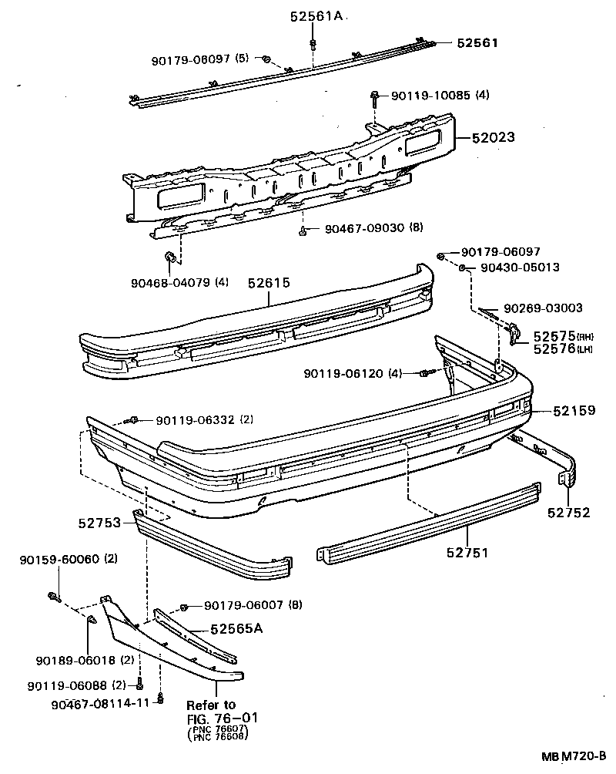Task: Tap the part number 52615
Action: coord(269,283)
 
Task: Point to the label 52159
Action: coord(574,411)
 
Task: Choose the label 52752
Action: coord(569,512)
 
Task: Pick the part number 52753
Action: coord(99,523)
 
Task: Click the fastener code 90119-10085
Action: coord(430,96)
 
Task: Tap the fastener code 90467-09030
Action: coord(363,229)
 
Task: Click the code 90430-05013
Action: coord(520,268)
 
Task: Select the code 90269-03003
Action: coord(543,308)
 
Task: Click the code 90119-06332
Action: coord(194,420)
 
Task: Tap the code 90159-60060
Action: coord(59,559)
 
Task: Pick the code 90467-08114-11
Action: coord(99,704)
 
